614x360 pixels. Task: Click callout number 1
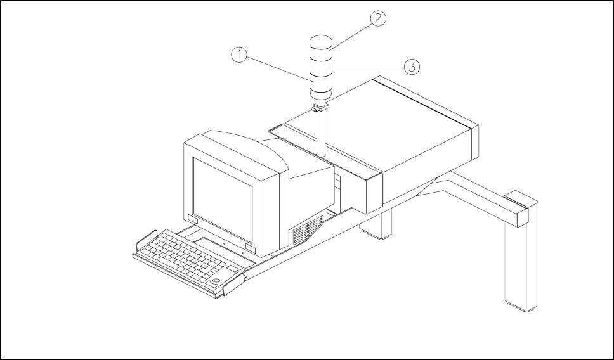coord(238,55)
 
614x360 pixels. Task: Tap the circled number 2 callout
coord(377,18)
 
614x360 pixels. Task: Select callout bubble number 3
coord(412,65)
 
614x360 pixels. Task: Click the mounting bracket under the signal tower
coord(321,108)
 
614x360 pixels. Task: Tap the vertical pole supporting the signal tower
coord(322,133)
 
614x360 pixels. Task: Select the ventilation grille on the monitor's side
coord(308,230)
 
